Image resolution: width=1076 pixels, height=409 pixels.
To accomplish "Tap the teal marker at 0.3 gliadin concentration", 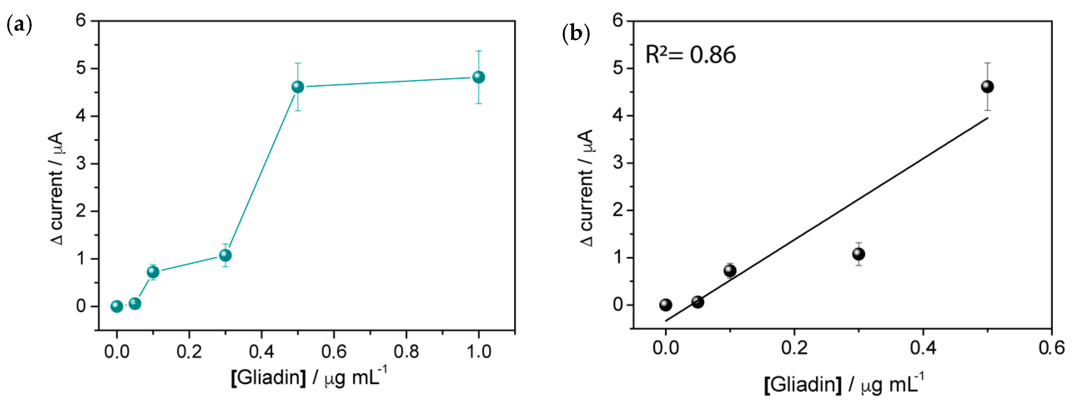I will pos(225,255).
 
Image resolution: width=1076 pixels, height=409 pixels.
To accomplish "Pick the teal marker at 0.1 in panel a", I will pos(153,272).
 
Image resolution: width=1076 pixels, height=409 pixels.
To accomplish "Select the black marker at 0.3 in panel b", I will pos(858,254).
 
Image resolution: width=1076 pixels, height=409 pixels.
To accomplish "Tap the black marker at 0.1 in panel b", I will pos(730,271).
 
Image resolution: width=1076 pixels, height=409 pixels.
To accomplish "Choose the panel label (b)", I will pos(576,33).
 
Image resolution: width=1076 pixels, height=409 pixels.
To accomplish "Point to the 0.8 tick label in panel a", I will pos(406,352).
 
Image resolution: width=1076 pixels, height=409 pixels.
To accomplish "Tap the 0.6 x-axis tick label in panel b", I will pos(1051,348).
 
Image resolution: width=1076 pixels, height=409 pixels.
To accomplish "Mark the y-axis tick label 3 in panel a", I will pos(81,163).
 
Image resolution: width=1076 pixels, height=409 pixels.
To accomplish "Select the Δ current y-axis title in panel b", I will pos(587,188).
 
